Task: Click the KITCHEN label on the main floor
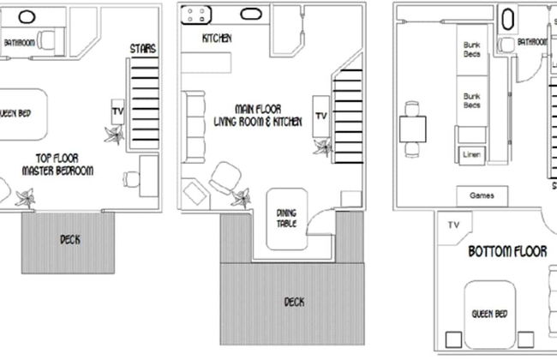(218, 39)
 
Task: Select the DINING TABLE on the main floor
(286, 219)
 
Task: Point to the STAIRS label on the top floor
(143, 49)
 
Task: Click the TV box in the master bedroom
(118, 111)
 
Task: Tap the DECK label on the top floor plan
(70, 240)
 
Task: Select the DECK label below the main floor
(293, 302)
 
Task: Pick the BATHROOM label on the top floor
(19, 41)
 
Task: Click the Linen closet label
(470, 155)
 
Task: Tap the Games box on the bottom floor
(482, 195)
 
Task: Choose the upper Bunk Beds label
(471, 50)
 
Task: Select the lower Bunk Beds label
(471, 100)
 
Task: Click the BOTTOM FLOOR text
(507, 252)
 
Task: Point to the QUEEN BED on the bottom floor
(490, 313)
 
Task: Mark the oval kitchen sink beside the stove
(251, 15)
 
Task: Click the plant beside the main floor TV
(323, 146)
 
